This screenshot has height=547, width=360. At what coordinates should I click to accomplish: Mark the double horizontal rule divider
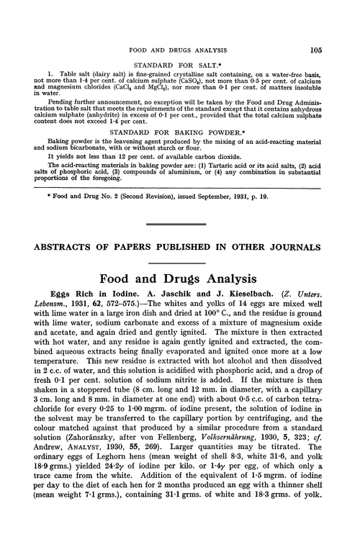(180, 225)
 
